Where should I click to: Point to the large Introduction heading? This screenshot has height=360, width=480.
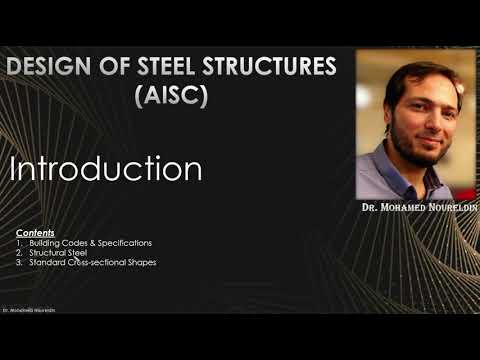pyautogui.click(x=106, y=168)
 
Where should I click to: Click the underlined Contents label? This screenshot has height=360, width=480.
pyautogui.click(x=35, y=232)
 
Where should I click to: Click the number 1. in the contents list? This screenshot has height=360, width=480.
pyautogui.click(x=20, y=243)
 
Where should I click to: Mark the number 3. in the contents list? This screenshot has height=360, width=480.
pyautogui.click(x=20, y=263)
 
